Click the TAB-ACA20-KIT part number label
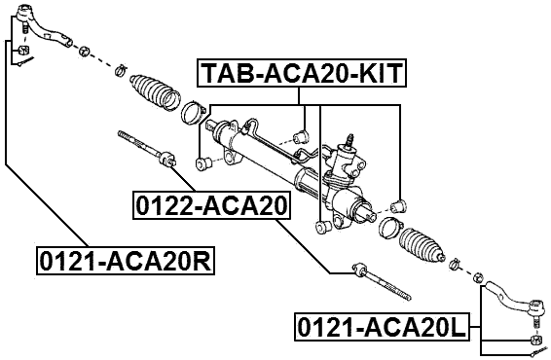[x=302, y=73]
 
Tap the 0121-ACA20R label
[x=124, y=260]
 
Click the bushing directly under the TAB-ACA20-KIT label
[x=300, y=131]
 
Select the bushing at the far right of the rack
[x=397, y=205]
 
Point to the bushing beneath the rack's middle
[x=322, y=227]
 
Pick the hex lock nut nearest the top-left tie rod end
[x=86, y=50]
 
